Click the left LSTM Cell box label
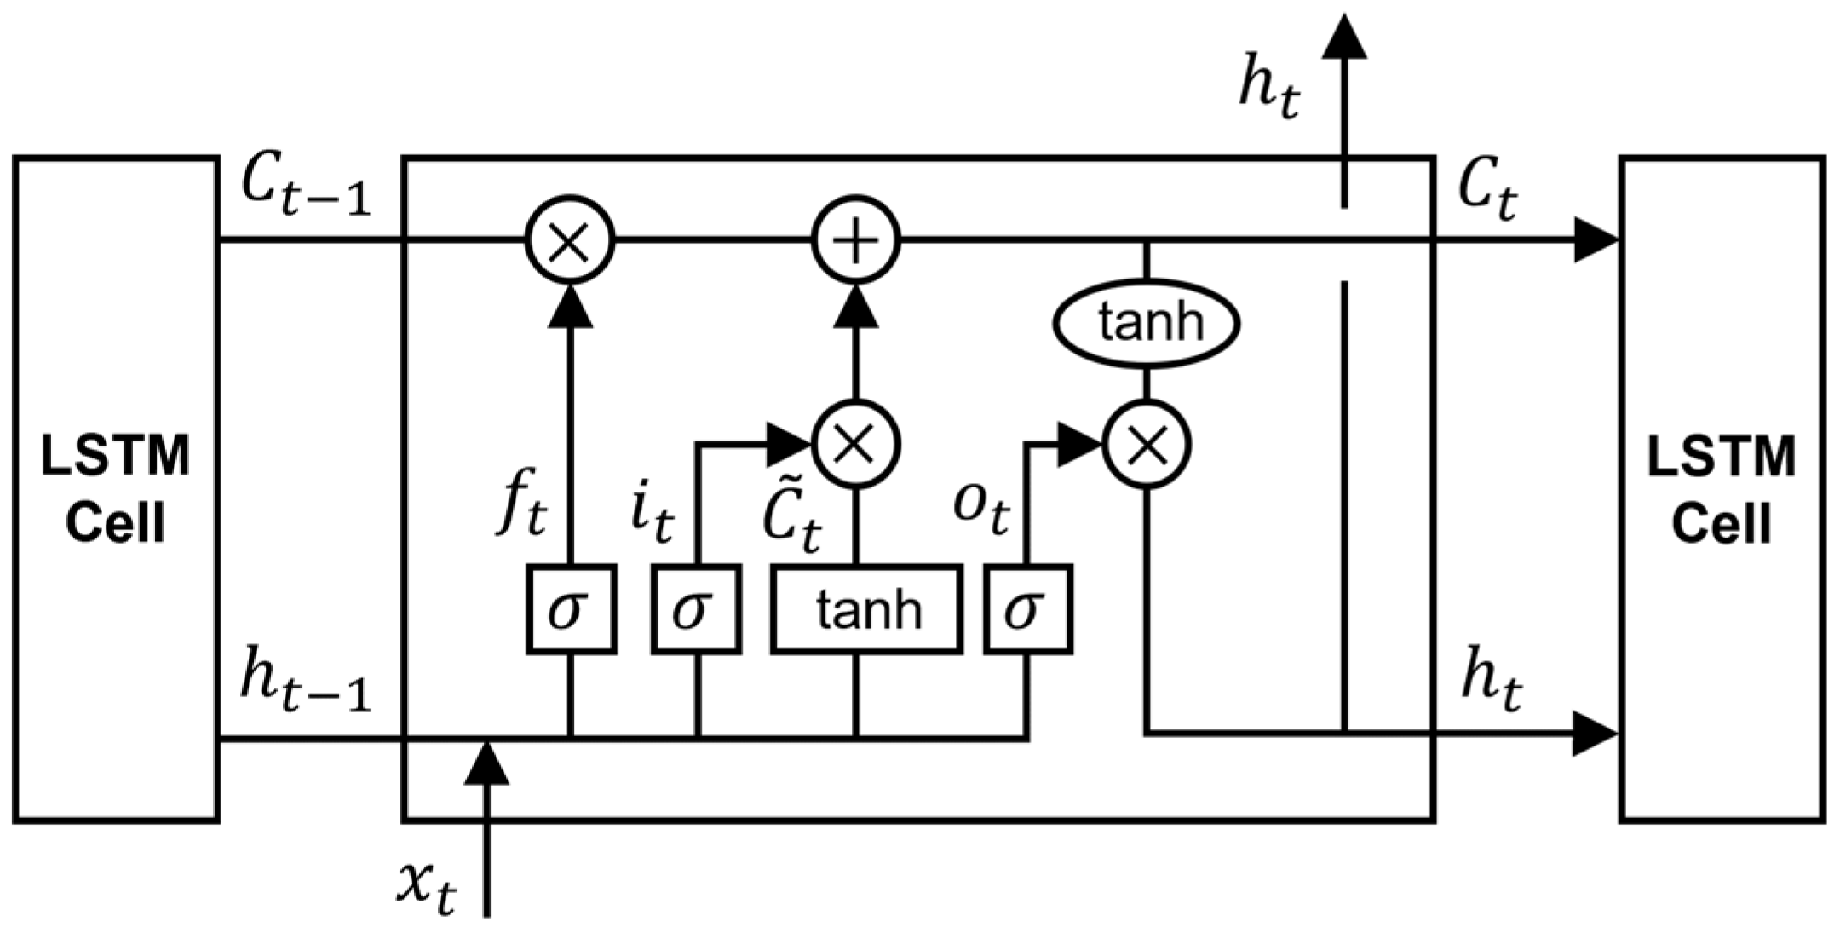116,489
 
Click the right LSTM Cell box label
1722,489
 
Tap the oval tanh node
1147,323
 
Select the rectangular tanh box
867,609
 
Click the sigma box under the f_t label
571,609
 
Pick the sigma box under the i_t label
696,609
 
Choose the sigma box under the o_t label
1027,609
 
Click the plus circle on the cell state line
856,240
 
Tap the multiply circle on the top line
569,240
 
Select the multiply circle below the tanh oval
1147,445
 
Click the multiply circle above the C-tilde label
856,445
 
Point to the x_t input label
426,886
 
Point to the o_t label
981,507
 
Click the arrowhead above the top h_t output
1344,38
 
